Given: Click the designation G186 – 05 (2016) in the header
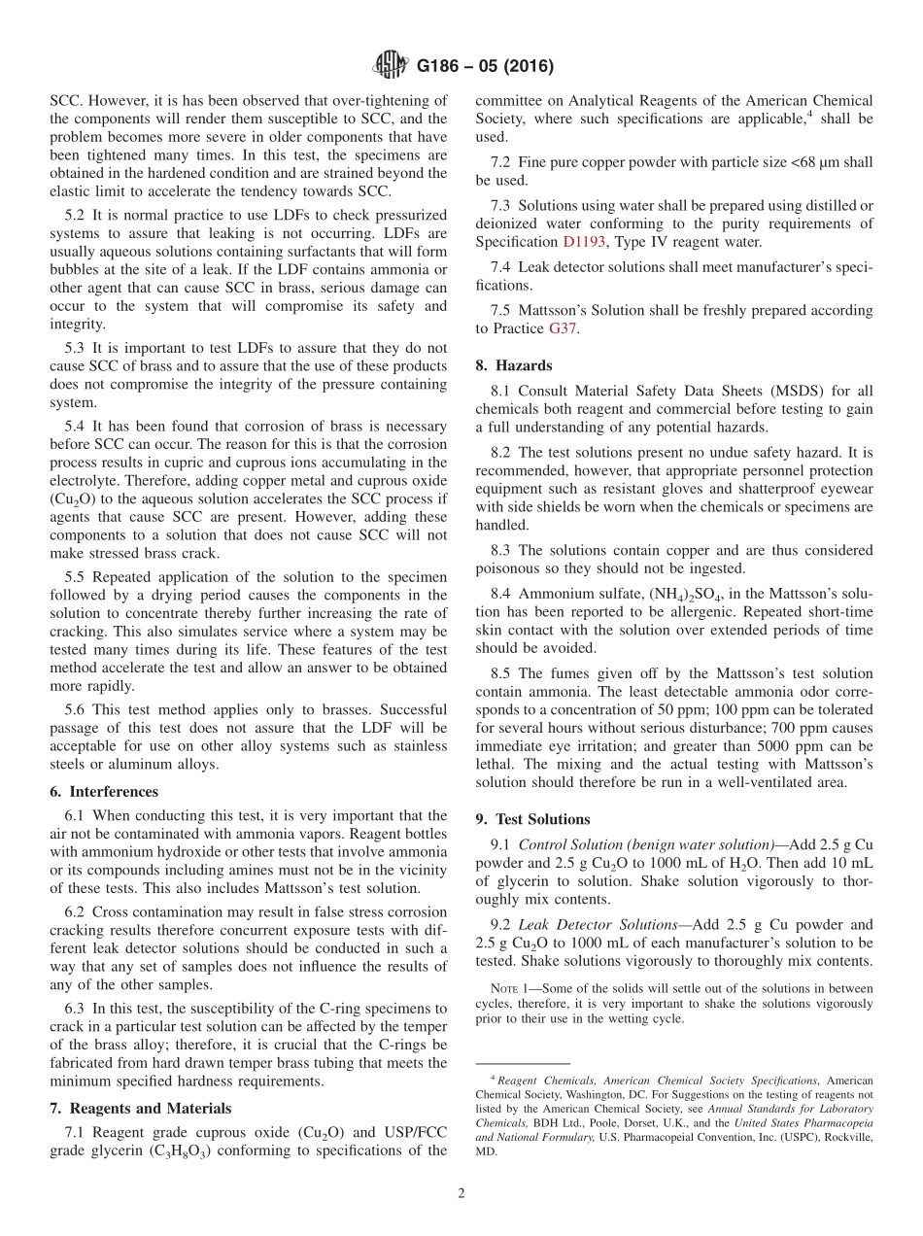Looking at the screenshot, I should pyautogui.click(x=485, y=67).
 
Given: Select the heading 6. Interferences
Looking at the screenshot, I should pyautogui.click(x=104, y=792).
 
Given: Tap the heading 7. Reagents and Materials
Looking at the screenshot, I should pyautogui.click(x=140, y=1108).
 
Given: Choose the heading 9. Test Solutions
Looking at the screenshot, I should pyautogui.click(x=532, y=819).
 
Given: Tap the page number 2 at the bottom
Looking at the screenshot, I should pyautogui.click(x=461, y=1193).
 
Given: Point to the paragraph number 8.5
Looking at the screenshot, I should pyautogui.click(x=503, y=673).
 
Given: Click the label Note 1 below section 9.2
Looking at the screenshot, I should pyautogui.click(x=515, y=989).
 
